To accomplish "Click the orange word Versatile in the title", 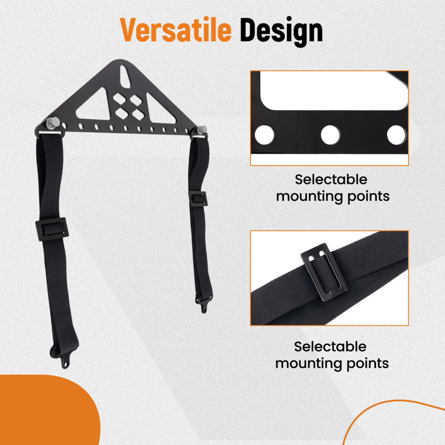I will coord(176,30).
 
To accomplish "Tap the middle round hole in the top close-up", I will coord(330,135).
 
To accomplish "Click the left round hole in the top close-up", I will coord(264,135).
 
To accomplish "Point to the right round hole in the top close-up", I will coord(395,135).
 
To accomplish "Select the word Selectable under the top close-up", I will coord(331,180).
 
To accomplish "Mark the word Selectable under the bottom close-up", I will coord(330,347).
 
